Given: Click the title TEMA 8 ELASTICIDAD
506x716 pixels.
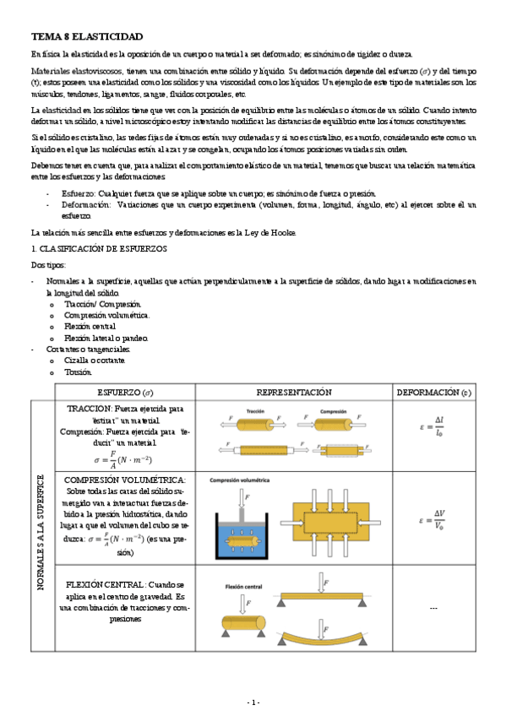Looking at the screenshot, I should click(87, 37).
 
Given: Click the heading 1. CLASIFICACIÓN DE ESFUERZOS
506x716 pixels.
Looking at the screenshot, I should click(98, 249).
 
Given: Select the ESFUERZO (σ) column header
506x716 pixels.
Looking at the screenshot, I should click(126, 392).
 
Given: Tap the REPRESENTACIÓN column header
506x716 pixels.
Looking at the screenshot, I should click(293, 392).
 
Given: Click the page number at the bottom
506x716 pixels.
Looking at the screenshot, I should click(253, 702).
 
